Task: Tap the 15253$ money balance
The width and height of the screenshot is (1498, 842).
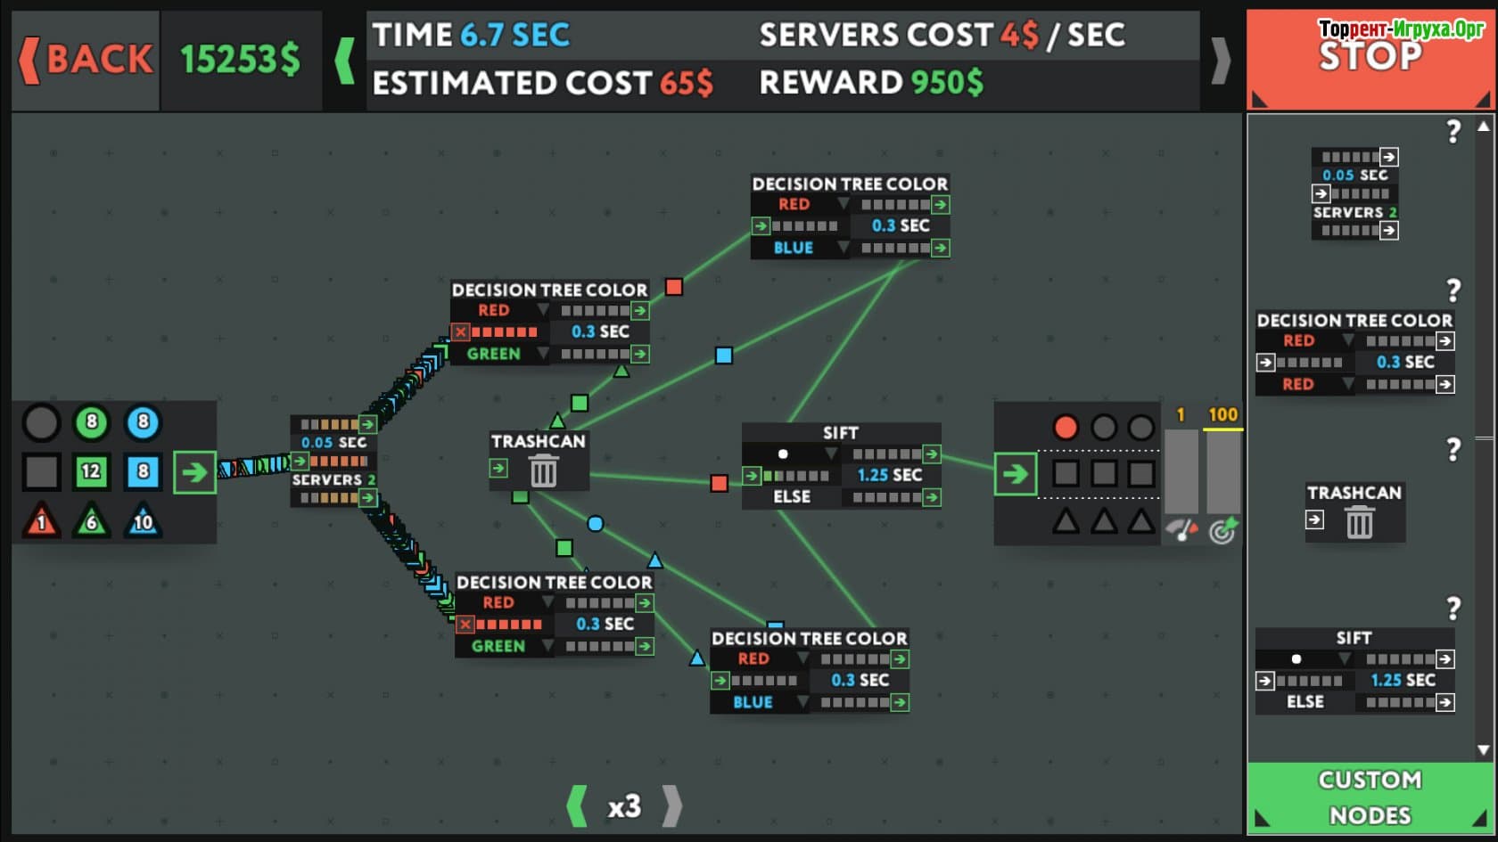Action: click(x=240, y=60)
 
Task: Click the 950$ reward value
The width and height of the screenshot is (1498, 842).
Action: click(x=947, y=83)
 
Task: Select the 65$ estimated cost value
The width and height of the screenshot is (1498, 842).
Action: click(x=687, y=84)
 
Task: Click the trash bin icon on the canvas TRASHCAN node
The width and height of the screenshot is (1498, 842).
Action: click(x=543, y=470)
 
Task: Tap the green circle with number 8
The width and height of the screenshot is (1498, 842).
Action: click(x=91, y=422)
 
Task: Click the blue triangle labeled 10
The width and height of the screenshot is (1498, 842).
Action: click(x=143, y=520)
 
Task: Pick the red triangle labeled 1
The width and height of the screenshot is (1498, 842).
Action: click(x=41, y=520)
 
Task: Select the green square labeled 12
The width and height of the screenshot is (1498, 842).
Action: click(x=91, y=471)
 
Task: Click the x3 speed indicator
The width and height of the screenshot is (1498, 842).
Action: click(x=624, y=806)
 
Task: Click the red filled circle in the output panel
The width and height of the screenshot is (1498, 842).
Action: click(x=1065, y=428)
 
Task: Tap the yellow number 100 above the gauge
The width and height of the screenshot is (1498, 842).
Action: click(x=1222, y=414)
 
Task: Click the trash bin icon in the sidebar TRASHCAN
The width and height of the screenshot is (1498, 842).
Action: click(x=1359, y=522)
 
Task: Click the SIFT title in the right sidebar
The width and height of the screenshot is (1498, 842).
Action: click(x=1354, y=638)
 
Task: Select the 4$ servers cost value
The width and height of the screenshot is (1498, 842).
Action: click(x=1019, y=35)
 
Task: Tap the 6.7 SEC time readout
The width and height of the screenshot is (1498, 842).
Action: click(x=515, y=35)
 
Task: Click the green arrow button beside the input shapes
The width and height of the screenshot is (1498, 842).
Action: click(x=194, y=472)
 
